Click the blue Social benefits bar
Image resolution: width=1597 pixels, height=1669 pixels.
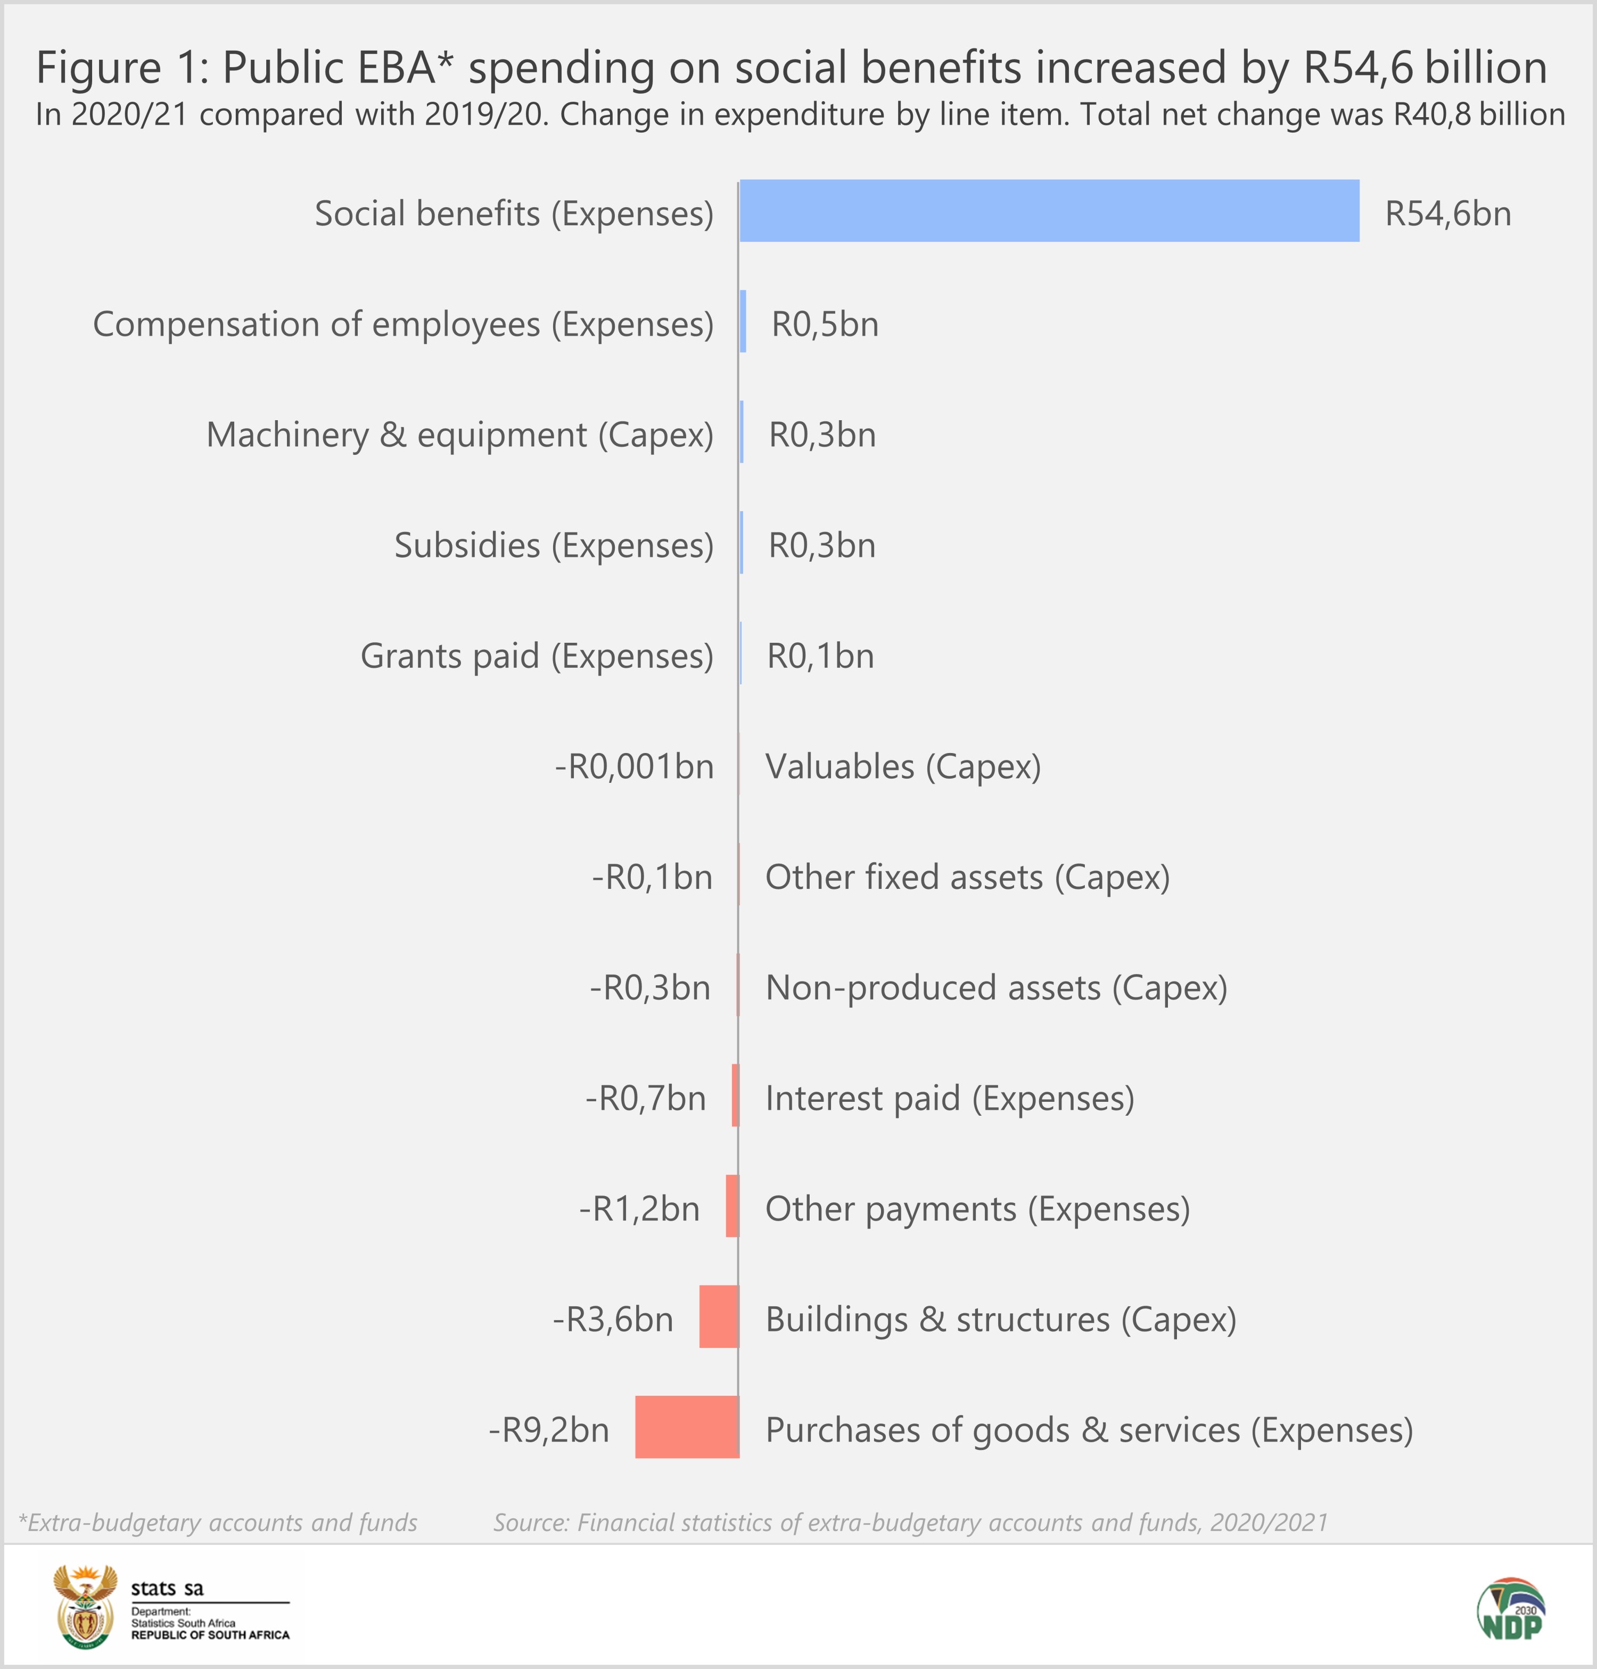click(1049, 210)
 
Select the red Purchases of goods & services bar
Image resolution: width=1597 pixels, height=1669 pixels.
click(687, 1426)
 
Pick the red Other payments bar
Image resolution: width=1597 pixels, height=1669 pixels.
click(732, 1206)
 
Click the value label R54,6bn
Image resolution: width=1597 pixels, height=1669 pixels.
click(1448, 214)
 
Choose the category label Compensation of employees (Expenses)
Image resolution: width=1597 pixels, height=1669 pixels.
click(402, 324)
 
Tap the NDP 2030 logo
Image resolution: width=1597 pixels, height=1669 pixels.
click(1510, 1608)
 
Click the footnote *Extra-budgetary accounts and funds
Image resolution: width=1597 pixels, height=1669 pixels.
click(218, 1521)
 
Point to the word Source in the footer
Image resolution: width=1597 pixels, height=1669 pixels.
click(530, 1521)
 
